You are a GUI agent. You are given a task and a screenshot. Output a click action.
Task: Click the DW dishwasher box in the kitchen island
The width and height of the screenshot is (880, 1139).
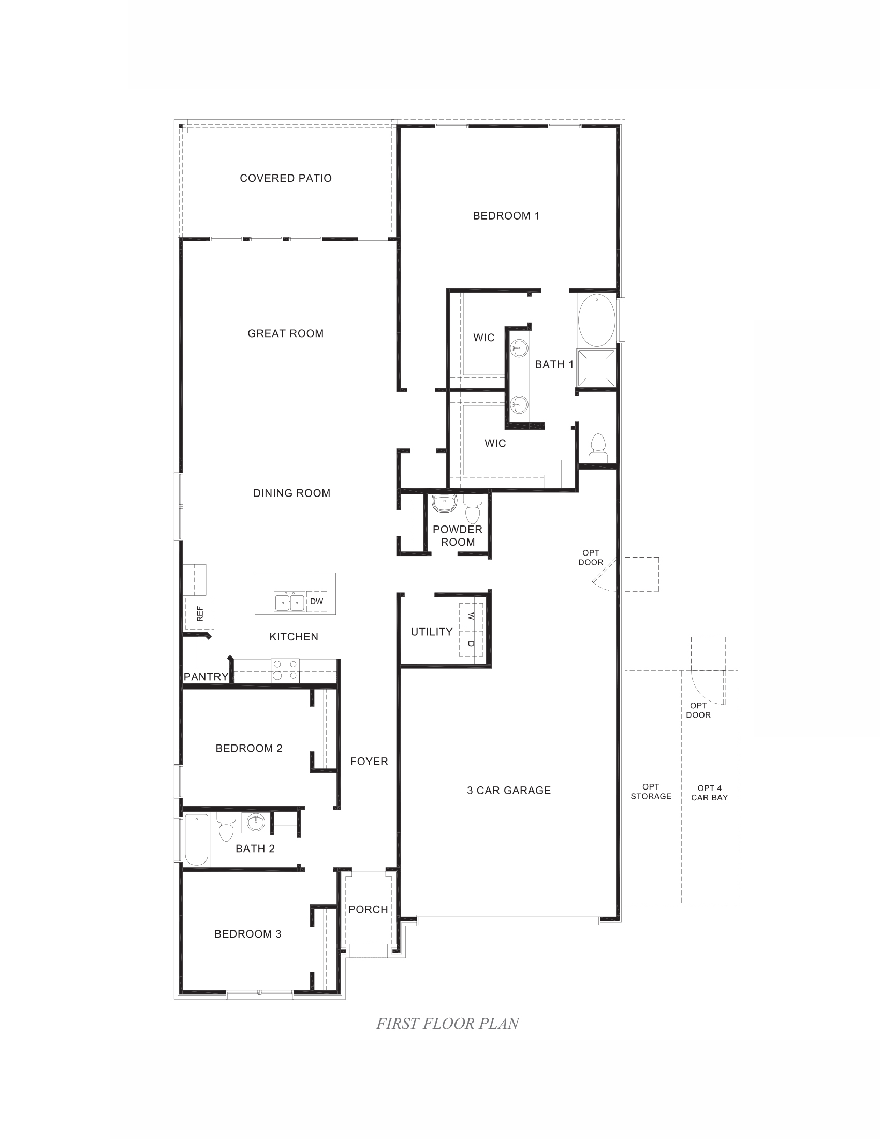pyautogui.click(x=316, y=601)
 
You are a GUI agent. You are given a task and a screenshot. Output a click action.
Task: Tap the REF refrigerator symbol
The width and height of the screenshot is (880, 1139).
pyautogui.click(x=200, y=614)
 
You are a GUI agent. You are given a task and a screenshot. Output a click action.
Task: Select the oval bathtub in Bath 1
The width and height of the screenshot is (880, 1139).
pyautogui.click(x=596, y=320)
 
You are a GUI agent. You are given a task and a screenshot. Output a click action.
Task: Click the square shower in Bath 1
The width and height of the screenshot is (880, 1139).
pyautogui.click(x=596, y=368)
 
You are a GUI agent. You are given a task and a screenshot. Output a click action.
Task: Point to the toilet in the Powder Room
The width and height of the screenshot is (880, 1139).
pyautogui.click(x=472, y=509)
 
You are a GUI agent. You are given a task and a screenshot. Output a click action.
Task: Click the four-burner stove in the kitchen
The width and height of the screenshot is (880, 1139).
pyautogui.click(x=285, y=670)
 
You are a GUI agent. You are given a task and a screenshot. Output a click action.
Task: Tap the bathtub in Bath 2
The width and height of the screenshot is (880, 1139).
pyautogui.click(x=197, y=839)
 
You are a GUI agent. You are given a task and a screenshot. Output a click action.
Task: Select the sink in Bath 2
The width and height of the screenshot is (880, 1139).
pyautogui.click(x=256, y=823)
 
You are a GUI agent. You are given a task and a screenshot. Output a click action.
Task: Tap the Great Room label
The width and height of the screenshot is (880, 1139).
pyautogui.click(x=286, y=334)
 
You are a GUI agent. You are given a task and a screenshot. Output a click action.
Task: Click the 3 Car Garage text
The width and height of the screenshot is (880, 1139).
pyautogui.click(x=509, y=791)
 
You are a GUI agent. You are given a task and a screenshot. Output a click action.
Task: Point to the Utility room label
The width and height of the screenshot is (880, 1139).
pyautogui.click(x=432, y=632)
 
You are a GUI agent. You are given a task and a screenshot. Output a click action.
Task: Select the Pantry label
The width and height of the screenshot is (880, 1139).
pyautogui.click(x=206, y=677)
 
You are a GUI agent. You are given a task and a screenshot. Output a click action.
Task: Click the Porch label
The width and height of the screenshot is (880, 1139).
pyautogui.click(x=368, y=910)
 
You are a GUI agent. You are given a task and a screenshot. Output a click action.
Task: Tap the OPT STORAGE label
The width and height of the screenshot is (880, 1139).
pyautogui.click(x=651, y=791)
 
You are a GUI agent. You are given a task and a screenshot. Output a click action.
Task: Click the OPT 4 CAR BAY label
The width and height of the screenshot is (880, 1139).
pyautogui.click(x=709, y=793)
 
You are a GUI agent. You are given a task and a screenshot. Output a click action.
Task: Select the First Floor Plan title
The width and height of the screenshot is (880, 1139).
pyautogui.click(x=447, y=1024)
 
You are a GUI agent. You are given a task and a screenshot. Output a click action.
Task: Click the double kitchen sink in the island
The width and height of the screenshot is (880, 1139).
pyautogui.click(x=290, y=602)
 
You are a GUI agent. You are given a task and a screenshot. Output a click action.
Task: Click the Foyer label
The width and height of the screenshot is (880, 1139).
pyautogui.click(x=369, y=762)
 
